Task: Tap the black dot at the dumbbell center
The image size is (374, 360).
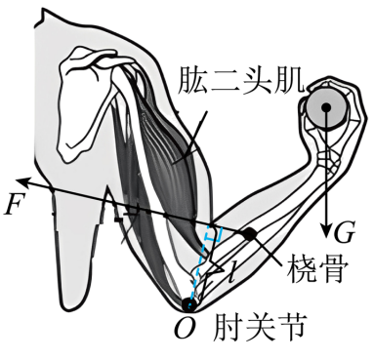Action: tap(326, 106)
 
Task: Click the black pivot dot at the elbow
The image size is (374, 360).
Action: tap(188, 304)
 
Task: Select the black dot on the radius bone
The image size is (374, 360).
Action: tap(250, 234)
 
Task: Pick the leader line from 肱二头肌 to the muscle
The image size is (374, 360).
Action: tap(191, 136)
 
